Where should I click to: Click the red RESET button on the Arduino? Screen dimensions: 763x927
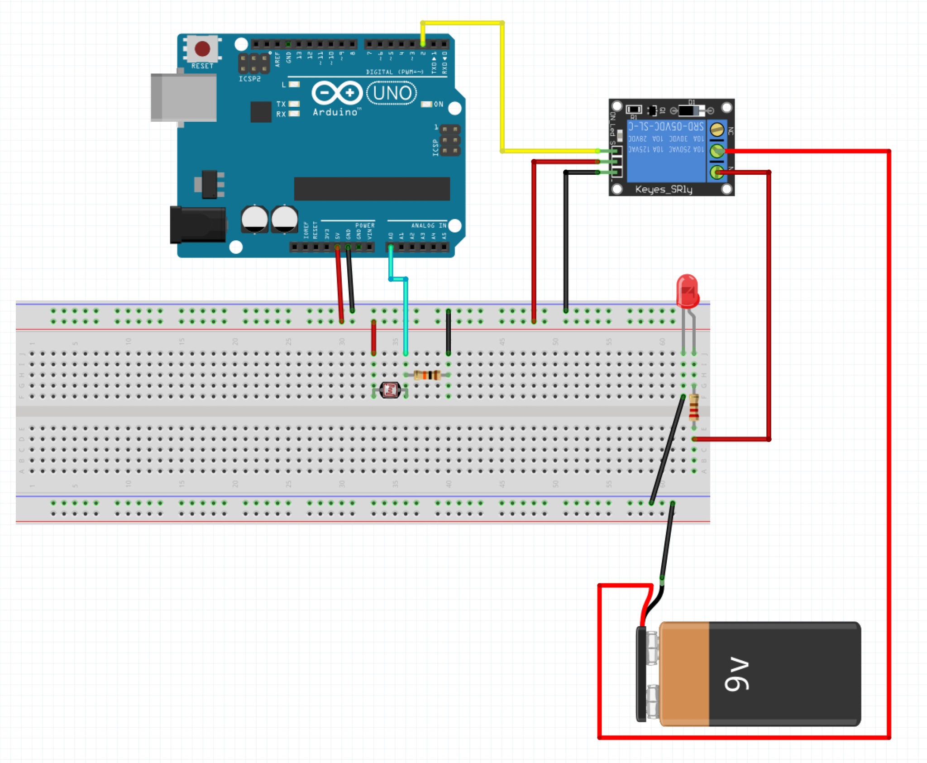[x=202, y=48]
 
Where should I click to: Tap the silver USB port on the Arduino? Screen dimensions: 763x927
[x=183, y=97]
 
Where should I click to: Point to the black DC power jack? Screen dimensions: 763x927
[x=198, y=224]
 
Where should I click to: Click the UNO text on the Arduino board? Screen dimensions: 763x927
[x=392, y=93]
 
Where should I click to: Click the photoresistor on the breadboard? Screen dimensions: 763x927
[x=390, y=390]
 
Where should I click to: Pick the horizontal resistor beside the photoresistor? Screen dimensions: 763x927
[x=427, y=375]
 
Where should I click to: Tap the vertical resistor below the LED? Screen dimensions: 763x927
[x=693, y=407]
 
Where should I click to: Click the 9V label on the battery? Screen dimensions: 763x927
[x=737, y=675]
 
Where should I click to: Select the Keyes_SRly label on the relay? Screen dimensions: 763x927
[x=664, y=189]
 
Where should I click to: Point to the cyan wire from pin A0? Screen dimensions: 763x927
[x=406, y=317]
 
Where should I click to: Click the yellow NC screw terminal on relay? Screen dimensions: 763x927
[x=717, y=130]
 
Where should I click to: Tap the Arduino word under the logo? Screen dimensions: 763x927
[x=335, y=112]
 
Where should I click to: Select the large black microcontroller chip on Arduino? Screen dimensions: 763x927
[x=372, y=188]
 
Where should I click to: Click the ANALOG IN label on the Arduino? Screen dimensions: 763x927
[x=428, y=225]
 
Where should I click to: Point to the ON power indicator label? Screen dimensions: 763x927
[x=438, y=104]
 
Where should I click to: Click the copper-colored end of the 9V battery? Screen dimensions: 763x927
[x=684, y=674]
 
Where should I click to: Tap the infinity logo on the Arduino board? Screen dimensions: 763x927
[x=337, y=93]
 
